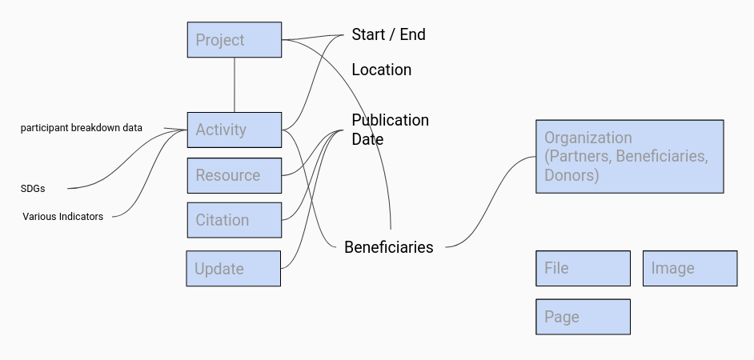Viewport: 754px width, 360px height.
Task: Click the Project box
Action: (235, 39)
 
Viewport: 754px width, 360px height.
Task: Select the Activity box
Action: (235, 130)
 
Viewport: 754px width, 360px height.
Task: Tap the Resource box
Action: (235, 175)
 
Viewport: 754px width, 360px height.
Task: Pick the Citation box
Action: (235, 220)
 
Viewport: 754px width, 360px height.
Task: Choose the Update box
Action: (233, 268)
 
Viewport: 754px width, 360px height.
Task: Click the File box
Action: (583, 268)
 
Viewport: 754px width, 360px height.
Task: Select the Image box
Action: (690, 268)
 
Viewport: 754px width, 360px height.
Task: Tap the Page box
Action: (583, 317)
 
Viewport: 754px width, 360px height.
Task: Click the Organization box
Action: (629, 156)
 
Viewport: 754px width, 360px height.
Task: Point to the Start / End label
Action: (388, 34)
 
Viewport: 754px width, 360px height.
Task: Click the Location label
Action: (381, 70)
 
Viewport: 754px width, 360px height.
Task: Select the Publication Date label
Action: (390, 130)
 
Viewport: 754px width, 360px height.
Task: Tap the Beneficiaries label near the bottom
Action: (388, 247)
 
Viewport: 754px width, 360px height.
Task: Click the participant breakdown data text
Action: (82, 128)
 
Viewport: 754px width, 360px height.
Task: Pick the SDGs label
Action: (33, 189)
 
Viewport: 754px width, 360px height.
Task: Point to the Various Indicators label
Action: (62, 216)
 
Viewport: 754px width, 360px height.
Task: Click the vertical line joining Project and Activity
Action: (235, 85)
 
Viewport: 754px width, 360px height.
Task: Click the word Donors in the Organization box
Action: (572, 175)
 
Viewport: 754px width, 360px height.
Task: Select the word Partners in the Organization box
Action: (580, 156)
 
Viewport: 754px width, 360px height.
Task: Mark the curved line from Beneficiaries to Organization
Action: (491, 202)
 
